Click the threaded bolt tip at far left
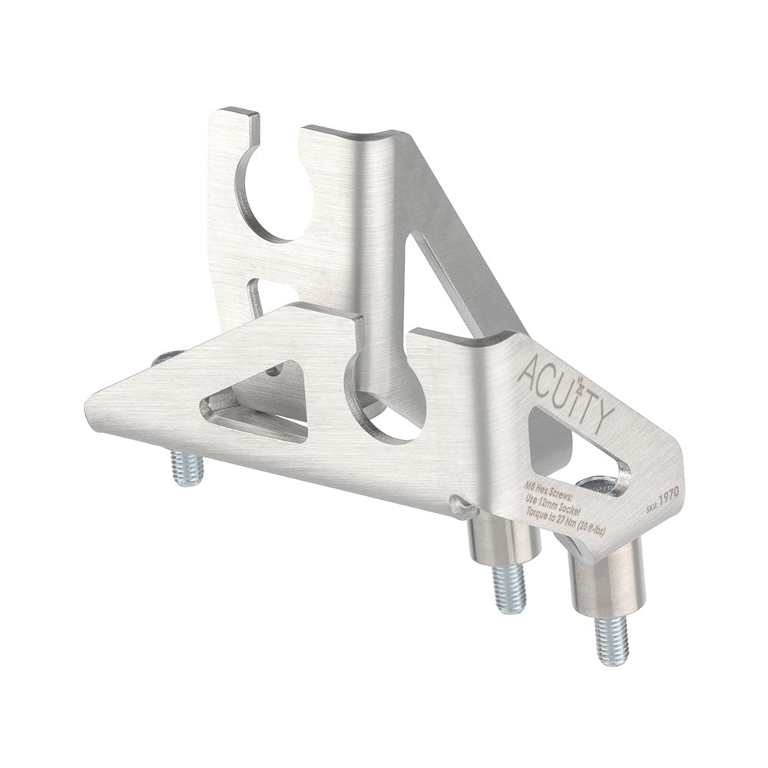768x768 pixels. pyautogui.click(x=187, y=469)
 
